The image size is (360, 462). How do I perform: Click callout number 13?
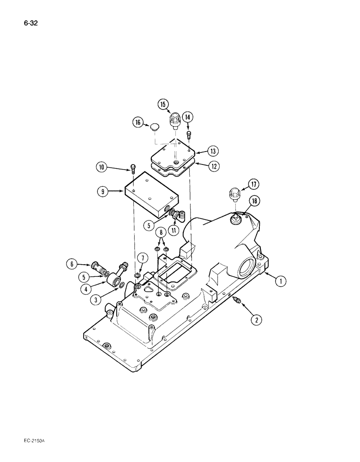click(x=213, y=151)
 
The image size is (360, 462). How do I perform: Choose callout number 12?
click(x=213, y=166)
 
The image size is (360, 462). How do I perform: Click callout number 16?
click(x=138, y=122)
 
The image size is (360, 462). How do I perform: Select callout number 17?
click(x=253, y=184)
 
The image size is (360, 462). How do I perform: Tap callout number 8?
click(x=161, y=232)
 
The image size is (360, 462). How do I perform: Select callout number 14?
click(x=188, y=117)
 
